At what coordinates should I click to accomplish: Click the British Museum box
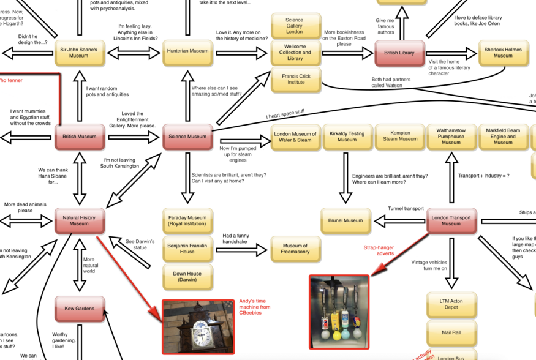coord(79,137)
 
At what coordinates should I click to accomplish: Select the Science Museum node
coord(187,137)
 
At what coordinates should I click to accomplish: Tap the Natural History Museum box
coord(79,220)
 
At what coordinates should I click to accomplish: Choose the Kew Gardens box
coord(79,309)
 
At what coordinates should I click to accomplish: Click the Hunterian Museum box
coord(187,51)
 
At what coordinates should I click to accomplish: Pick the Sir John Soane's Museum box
coord(79,52)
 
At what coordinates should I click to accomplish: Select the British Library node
coord(399,53)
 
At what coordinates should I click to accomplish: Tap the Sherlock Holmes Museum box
coord(503,53)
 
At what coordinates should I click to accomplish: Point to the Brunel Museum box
coord(346,220)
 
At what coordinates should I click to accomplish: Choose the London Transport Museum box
coord(451,220)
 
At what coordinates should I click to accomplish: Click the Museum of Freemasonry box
coord(295,249)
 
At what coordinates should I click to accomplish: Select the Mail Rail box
coord(451,332)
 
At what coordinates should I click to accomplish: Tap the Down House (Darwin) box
coord(187,276)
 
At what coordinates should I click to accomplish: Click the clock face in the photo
coord(199,334)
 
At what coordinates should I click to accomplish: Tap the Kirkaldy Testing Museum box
coord(347,137)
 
